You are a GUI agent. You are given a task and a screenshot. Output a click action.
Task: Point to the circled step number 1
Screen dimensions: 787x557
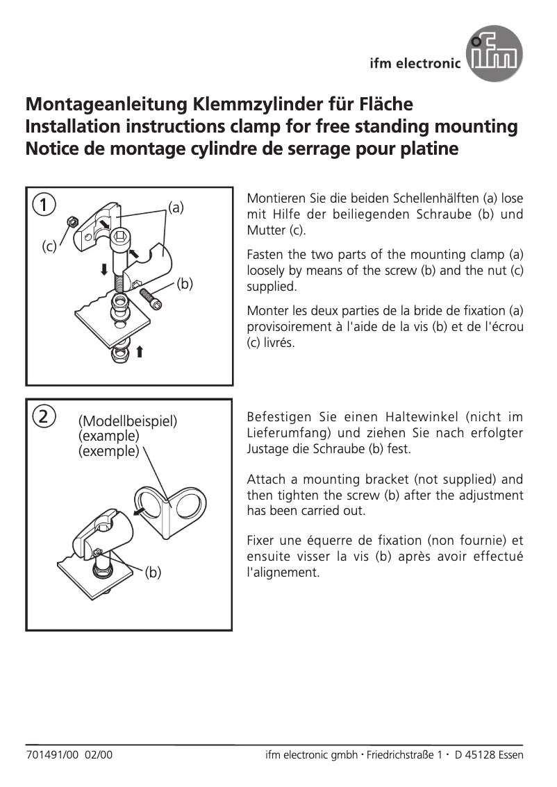(x=44, y=205)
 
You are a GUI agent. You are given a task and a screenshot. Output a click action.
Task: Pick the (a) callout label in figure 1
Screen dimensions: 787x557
(x=176, y=207)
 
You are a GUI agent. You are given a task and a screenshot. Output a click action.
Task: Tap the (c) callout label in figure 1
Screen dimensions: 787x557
(x=49, y=246)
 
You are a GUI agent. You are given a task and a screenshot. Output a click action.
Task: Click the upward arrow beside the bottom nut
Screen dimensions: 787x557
(x=140, y=351)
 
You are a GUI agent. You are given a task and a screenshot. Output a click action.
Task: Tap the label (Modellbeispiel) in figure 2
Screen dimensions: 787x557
(x=128, y=421)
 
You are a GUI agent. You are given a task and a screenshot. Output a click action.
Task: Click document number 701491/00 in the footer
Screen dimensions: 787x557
(x=52, y=755)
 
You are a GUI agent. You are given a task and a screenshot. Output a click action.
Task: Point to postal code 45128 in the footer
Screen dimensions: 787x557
(x=482, y=755)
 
